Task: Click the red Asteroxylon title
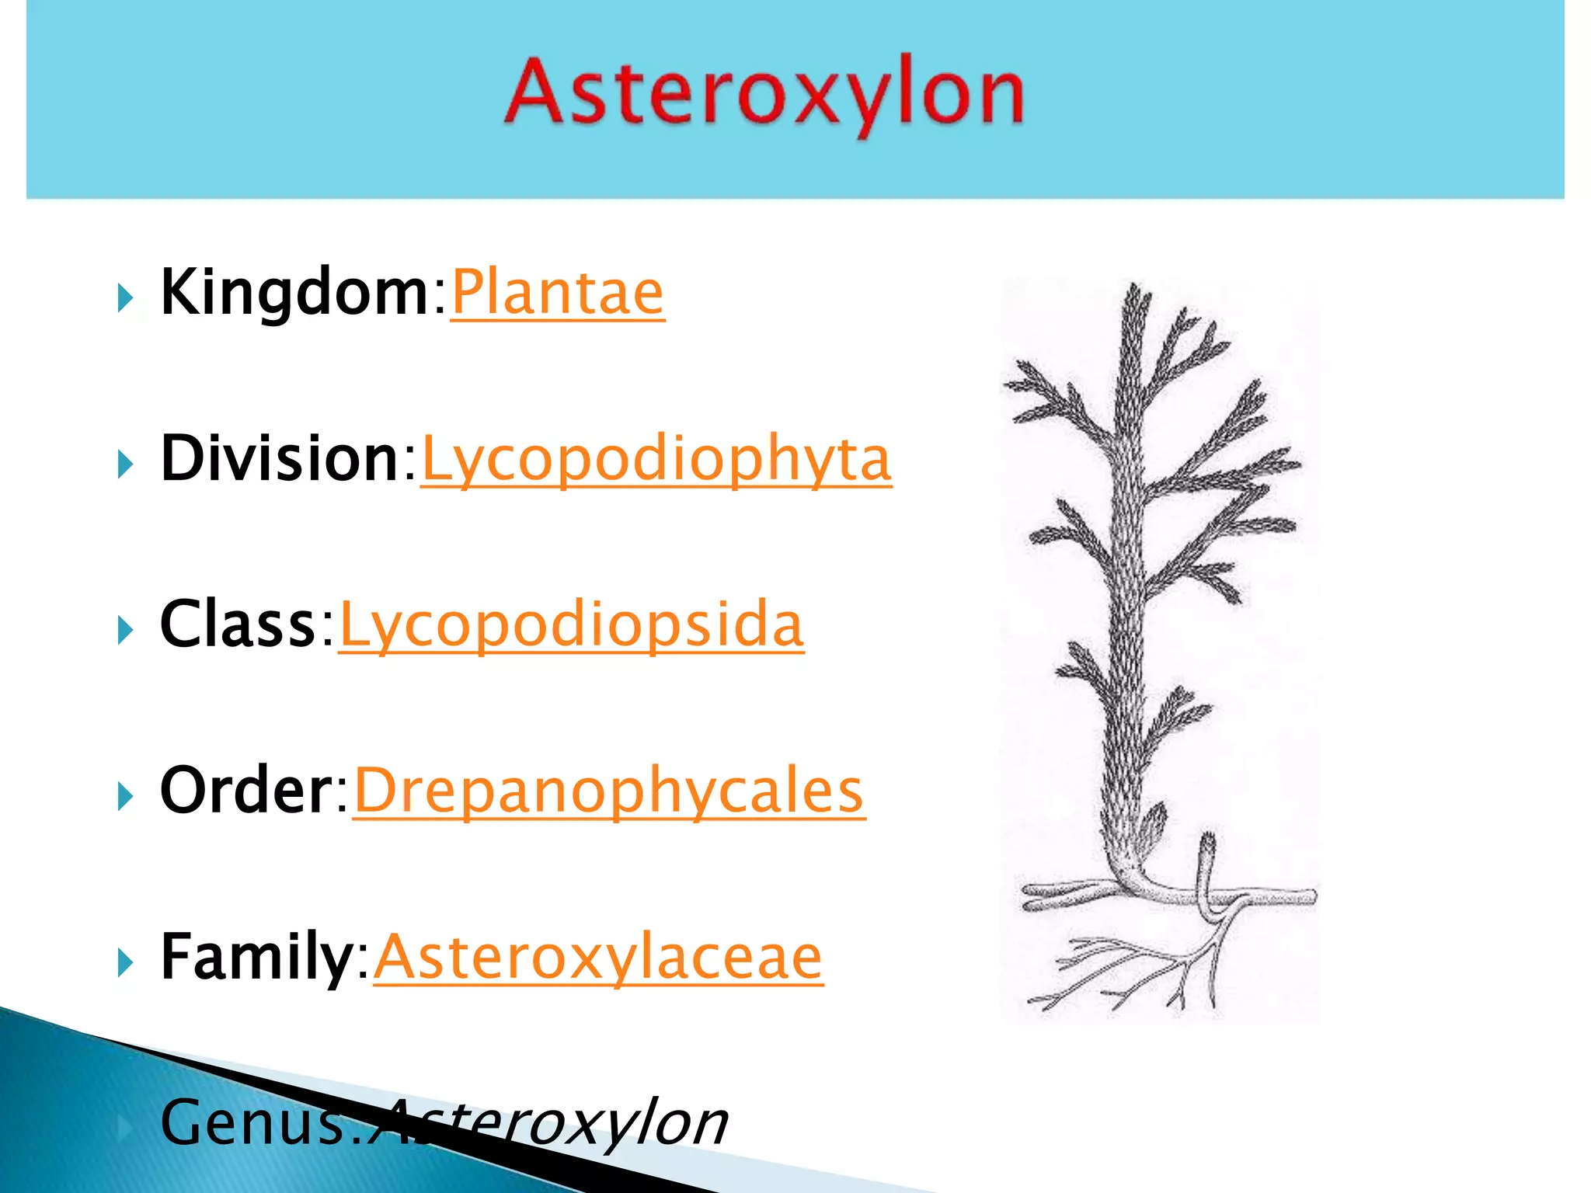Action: click(764, 95)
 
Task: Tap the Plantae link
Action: click(557, 293)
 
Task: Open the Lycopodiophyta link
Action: click(656, 461)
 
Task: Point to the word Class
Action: click(237, 624)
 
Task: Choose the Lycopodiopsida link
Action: click(571, 626)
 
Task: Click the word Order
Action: click(245, 791)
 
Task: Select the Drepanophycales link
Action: click(608, 791)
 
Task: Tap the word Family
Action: click(256, 957)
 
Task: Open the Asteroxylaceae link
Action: click(597, 958)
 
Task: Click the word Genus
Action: click(252, 1123)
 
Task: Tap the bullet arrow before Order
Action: click(124, 797)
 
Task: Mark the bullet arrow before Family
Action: click(124, 963)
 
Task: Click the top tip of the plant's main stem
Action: click(1135, 290)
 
